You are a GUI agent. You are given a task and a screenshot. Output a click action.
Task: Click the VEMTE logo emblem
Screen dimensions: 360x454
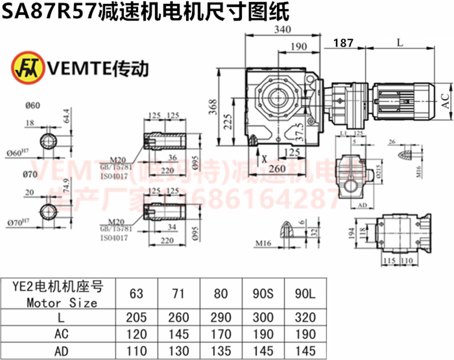click(x=24, y=68)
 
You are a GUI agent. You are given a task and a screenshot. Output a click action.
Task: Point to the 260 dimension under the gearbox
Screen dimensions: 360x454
click(x=278, y=169)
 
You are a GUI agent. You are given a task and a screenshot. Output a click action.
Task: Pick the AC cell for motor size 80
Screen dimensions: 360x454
click(x=221, y=332)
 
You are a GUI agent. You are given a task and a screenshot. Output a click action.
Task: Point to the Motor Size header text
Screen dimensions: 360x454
click(x=61, y=302)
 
